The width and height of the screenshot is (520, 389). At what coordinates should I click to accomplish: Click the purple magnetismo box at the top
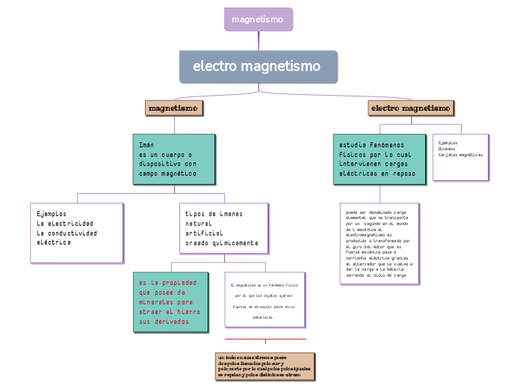(258, 19)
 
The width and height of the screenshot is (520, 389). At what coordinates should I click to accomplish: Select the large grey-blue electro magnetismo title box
(258, 67)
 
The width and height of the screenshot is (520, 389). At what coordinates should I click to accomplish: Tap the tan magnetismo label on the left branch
(173, 108)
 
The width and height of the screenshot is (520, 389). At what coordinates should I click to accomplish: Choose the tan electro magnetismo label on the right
(411, 108)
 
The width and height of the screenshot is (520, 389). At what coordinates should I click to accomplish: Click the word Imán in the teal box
(146, 144)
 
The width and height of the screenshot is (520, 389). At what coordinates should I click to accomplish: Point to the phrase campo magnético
(167, 173)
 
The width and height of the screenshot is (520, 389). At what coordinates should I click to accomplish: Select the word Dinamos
(447, 148)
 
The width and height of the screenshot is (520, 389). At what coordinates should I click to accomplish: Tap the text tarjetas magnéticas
(460, 155)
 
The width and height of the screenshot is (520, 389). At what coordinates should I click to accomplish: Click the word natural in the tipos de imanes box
(199, 224)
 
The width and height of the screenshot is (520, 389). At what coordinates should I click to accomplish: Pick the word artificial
(204, 233)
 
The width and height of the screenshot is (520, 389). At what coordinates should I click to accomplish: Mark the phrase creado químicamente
(222, 243)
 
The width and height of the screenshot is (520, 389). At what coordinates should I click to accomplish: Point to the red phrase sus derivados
(164, 322)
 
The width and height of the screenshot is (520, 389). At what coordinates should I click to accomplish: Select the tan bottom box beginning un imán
(264, 366)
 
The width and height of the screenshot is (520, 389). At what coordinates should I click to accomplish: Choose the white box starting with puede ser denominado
(379, 243)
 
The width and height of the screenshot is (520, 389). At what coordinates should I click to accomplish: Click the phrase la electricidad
(65, 224)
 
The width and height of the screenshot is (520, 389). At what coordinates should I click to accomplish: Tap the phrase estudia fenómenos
(371, 144)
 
